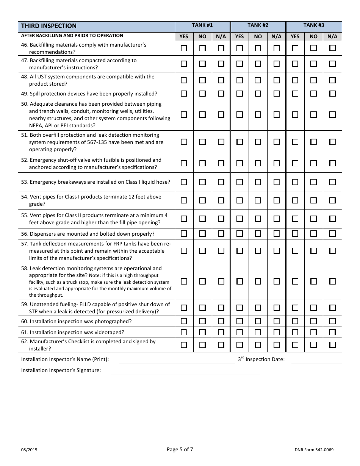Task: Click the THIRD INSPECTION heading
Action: [49, 26]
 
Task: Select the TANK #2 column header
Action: [258, 25]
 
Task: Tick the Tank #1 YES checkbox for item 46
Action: [184, 48]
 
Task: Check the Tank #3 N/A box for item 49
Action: [332, 93]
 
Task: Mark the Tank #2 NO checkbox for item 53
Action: [258, 182]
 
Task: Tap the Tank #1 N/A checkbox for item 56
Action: [221, 234]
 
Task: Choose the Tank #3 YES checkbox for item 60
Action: [295, 321]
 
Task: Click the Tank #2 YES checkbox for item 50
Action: [239, 114]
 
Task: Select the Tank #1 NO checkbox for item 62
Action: [202, 345]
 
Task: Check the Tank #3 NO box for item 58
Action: [313, 281]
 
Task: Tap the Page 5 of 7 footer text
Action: [180, 450]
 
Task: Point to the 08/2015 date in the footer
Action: [29, 450]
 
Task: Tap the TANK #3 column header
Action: [314, 25]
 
